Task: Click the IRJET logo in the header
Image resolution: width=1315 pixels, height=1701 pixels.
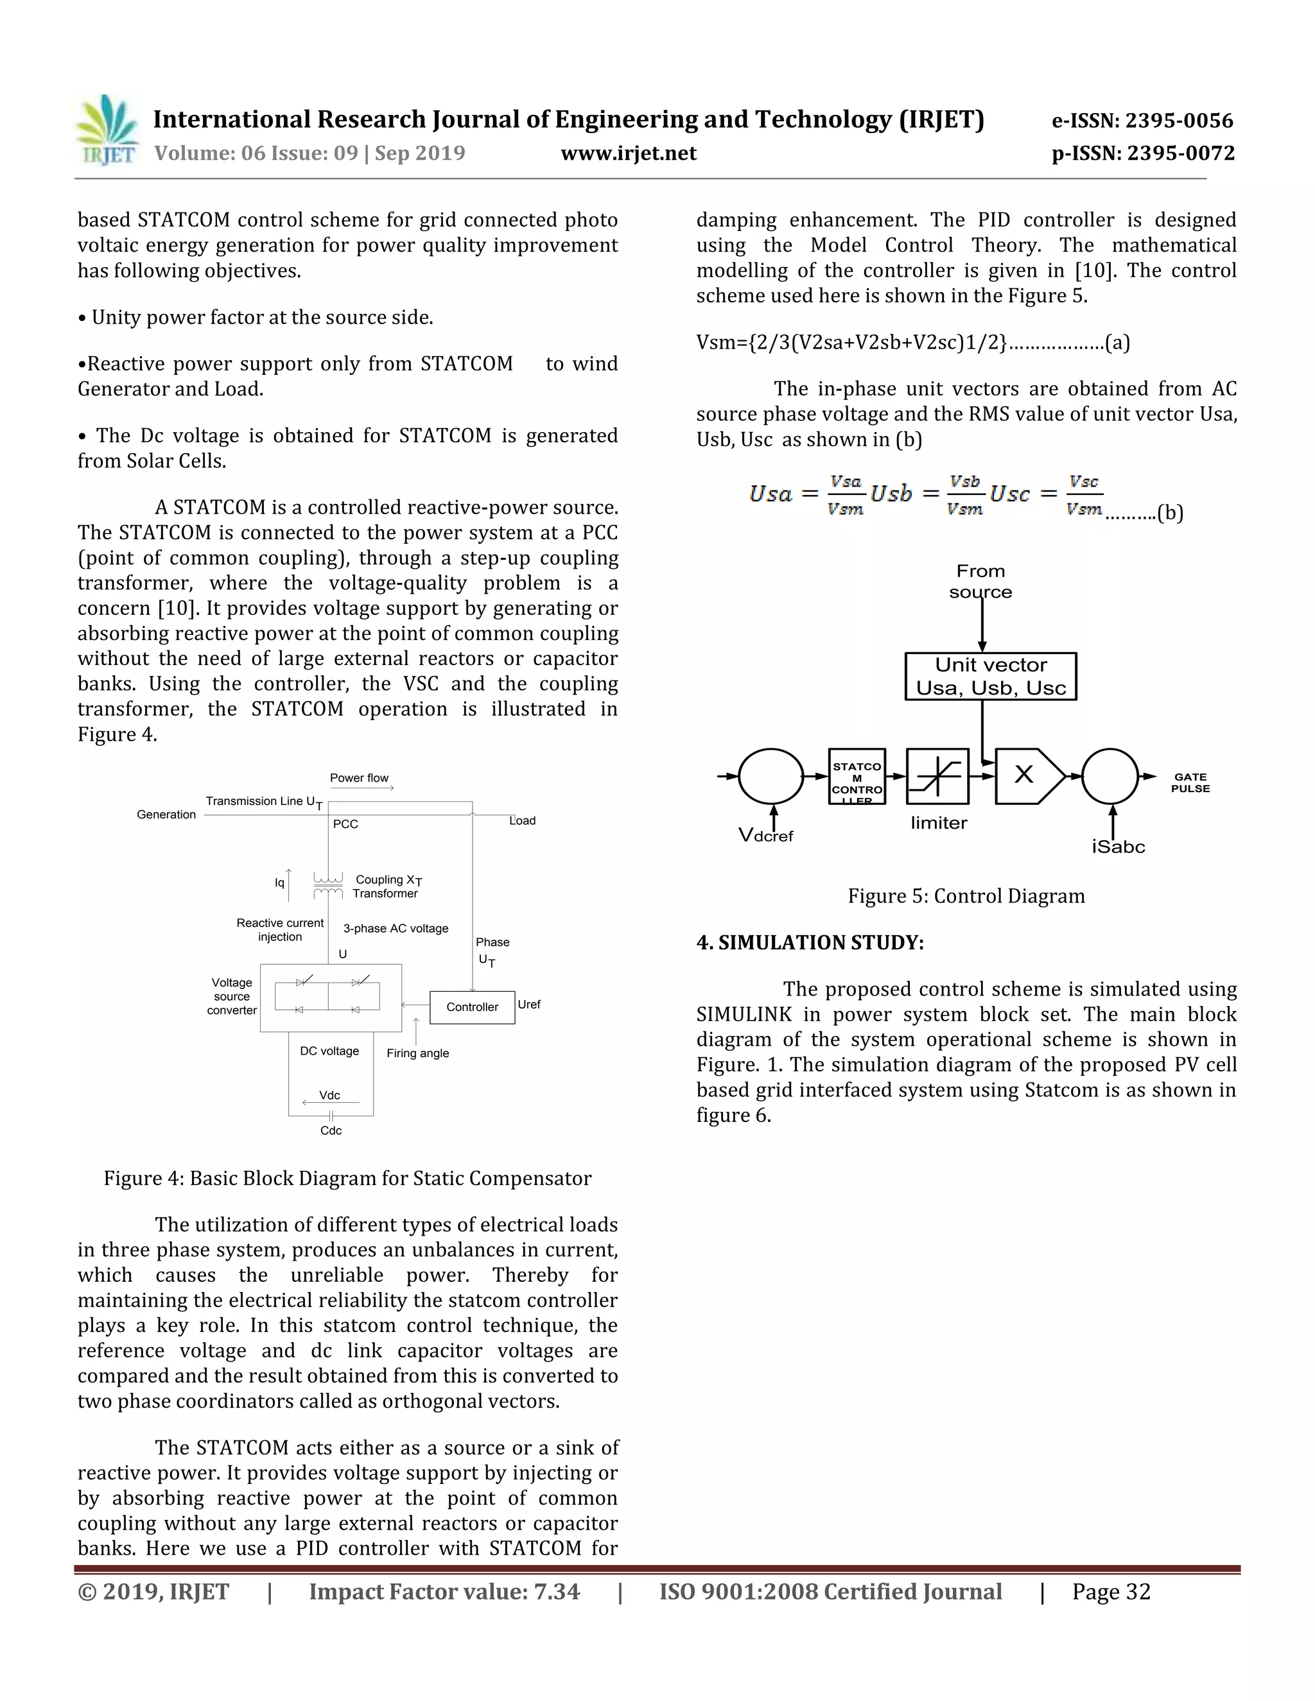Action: click(107, 130)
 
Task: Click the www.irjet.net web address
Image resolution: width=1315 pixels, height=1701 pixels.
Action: click(628, 153)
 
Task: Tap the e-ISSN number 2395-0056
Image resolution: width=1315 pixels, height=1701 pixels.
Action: click(1142, 121)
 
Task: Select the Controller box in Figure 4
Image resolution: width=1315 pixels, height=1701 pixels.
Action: click(472, 1007)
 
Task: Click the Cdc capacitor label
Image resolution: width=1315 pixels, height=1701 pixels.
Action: click(331, 1130)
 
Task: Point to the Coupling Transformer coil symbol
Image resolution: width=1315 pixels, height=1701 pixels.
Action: click(327, 886)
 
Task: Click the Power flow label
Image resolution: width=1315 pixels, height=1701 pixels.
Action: click(358, 778)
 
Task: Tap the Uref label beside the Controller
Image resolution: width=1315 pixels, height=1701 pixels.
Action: click(529, 1005)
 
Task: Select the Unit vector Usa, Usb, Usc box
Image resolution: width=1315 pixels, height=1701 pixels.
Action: click(990, 676)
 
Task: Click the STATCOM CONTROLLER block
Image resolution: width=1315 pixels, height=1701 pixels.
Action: click(857, 777)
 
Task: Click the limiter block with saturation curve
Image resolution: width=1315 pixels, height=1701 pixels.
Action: click(937, 777)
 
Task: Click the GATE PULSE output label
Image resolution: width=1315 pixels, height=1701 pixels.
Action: click(1190, 782)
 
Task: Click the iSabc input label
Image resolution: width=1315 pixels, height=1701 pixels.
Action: click(1118, 847)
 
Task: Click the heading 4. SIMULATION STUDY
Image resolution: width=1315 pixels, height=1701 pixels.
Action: click(810, 942)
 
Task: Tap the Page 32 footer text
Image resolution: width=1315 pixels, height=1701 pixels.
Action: click(1111, 1592)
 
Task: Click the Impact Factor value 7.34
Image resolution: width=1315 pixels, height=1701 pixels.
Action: click(444, 1592)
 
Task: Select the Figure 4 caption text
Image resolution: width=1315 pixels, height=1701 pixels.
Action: click(347, 1179)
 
